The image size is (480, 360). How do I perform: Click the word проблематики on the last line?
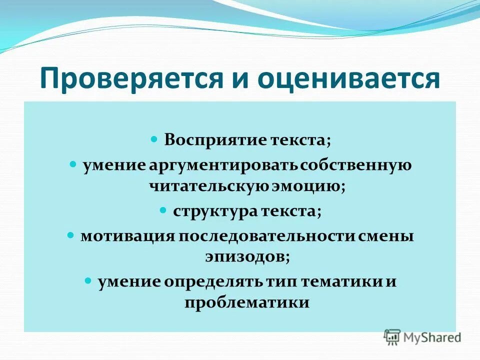247,303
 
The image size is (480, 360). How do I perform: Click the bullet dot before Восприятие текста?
154,138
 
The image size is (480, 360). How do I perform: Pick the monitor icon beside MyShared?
392,337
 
